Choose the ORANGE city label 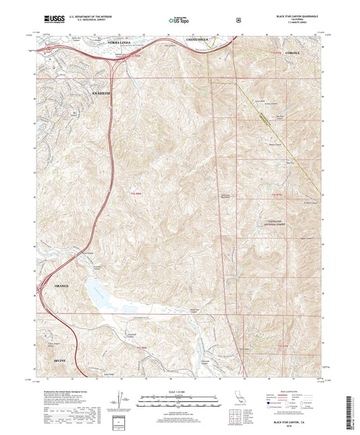click(61, 287)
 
